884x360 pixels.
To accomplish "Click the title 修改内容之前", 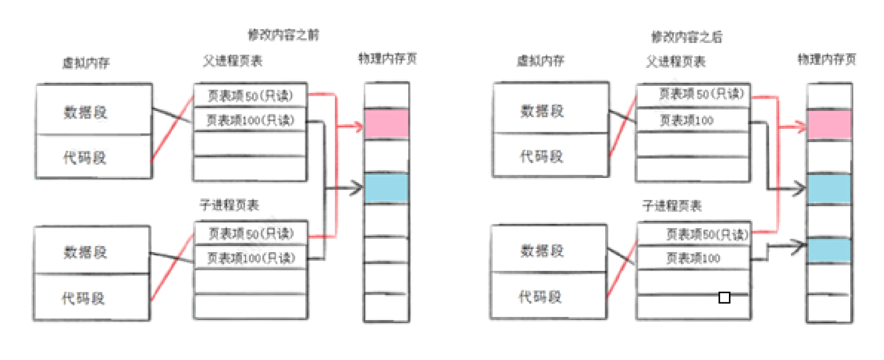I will pos(283,35).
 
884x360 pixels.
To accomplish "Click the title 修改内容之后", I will pos(687,37).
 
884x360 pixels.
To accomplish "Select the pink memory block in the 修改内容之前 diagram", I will pos(387,123).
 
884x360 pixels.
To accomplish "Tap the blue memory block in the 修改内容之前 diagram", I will pos(387,188).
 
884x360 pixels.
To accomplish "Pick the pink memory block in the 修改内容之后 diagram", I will pos(829,124).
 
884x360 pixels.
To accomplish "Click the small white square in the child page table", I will pos(724,298).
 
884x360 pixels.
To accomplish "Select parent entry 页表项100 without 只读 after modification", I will pos(687,121).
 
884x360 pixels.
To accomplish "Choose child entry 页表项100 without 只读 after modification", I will pos(693,258).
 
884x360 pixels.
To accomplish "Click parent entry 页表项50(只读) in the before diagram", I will pos(250,96).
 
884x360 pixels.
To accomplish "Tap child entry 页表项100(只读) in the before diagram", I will pos(251,258).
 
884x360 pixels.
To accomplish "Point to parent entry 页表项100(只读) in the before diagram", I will pos(250,120).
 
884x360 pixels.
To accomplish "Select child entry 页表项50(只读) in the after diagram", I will pos(706,234).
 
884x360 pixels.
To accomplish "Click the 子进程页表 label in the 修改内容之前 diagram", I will pos(229,205).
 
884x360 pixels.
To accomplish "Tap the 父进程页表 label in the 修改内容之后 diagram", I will pos(675,62).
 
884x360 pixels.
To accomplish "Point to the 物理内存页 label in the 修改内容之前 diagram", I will pos(387,59).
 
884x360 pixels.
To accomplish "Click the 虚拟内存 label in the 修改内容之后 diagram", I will pos(540,61).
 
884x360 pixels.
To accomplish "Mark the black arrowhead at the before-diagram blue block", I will pos(356,188).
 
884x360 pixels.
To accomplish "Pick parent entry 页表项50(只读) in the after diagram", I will pos(701,94).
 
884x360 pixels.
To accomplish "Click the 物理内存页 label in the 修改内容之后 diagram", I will pos(827,59).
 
